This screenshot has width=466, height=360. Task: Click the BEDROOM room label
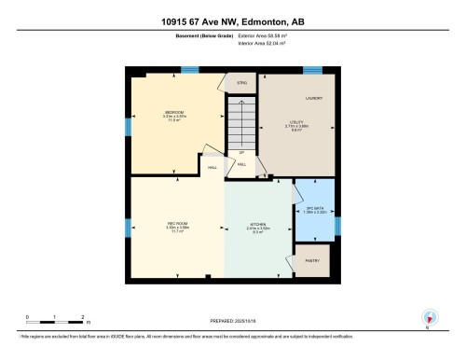[163, 110]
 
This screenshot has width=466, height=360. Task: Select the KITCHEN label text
[258, 225]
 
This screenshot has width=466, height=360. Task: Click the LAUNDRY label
[313, 98]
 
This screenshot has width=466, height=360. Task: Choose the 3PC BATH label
[313, 208]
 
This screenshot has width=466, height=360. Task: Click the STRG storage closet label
[241, 84]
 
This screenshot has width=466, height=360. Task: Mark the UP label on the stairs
[241, 151]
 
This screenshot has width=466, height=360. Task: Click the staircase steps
[241, 121]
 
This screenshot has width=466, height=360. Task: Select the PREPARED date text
[233, 318]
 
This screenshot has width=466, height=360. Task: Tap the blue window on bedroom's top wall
[189, 70]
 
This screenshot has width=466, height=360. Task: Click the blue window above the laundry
[313, 70]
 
